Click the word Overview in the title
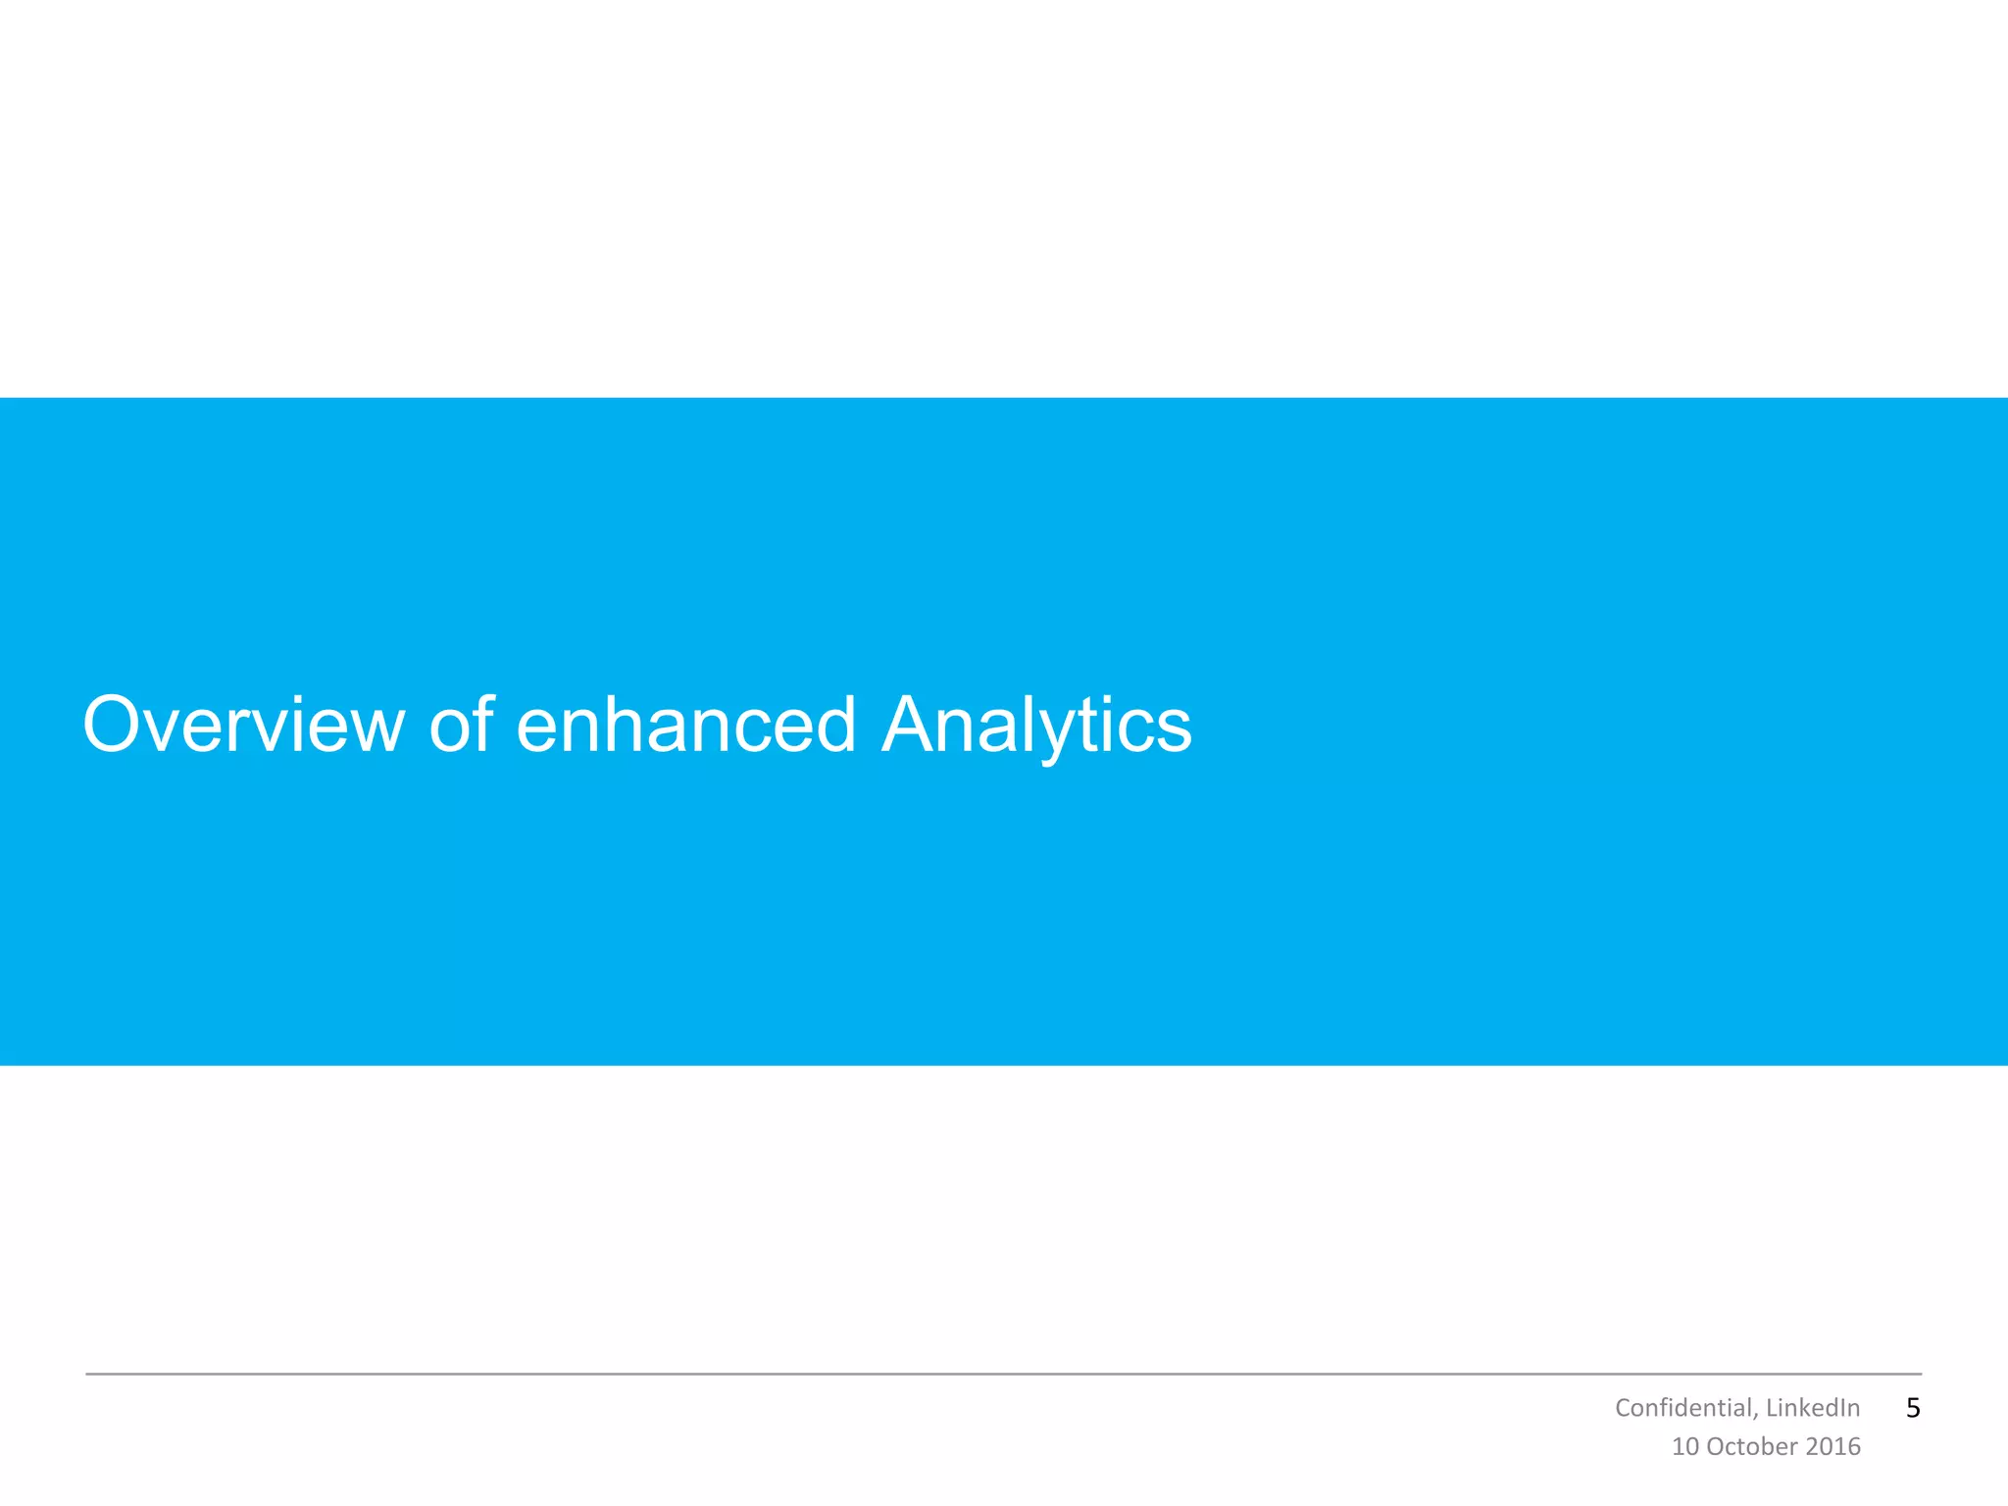(243, 726)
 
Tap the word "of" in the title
(461, 726)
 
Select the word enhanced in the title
(686, 726)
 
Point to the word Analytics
(1036, 726)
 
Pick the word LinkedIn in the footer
(1813, 1408)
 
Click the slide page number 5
(1913, 1408)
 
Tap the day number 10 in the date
(1684, 1447)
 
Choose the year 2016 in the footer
(1832, 1447)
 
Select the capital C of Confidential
(1623, 1408)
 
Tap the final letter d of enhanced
(832, 726)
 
